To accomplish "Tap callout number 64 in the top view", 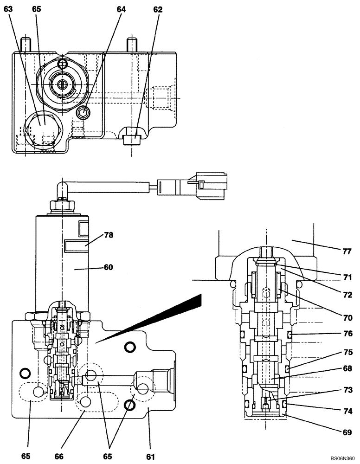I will coord(122,9).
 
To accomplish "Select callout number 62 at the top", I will coord(157,9).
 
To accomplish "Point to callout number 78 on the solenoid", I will coord(108,235).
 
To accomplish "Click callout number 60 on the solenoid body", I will coord(108,267).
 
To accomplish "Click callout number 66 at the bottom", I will coord(59,457).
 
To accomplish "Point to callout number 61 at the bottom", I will coord(150,457).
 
